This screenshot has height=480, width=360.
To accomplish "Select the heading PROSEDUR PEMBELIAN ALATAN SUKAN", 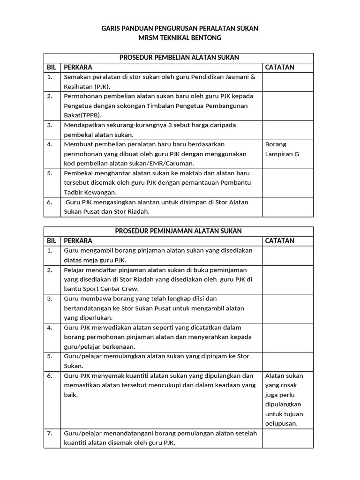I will [x=180, y=58].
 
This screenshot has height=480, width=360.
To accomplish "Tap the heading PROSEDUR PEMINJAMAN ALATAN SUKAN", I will [x=179, y=231].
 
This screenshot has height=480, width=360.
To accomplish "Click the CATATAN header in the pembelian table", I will [x=280, y=67].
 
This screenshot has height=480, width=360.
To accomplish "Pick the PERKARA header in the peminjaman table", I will [x=78, y=241].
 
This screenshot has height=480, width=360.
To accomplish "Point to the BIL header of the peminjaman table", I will [x=52, y=241].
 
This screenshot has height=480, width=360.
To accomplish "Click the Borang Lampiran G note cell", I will [x=282, y=149].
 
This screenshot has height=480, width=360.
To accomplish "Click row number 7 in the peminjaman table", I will [x=50, y=434].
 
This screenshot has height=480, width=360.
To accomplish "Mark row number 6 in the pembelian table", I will [x=50, y=202].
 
